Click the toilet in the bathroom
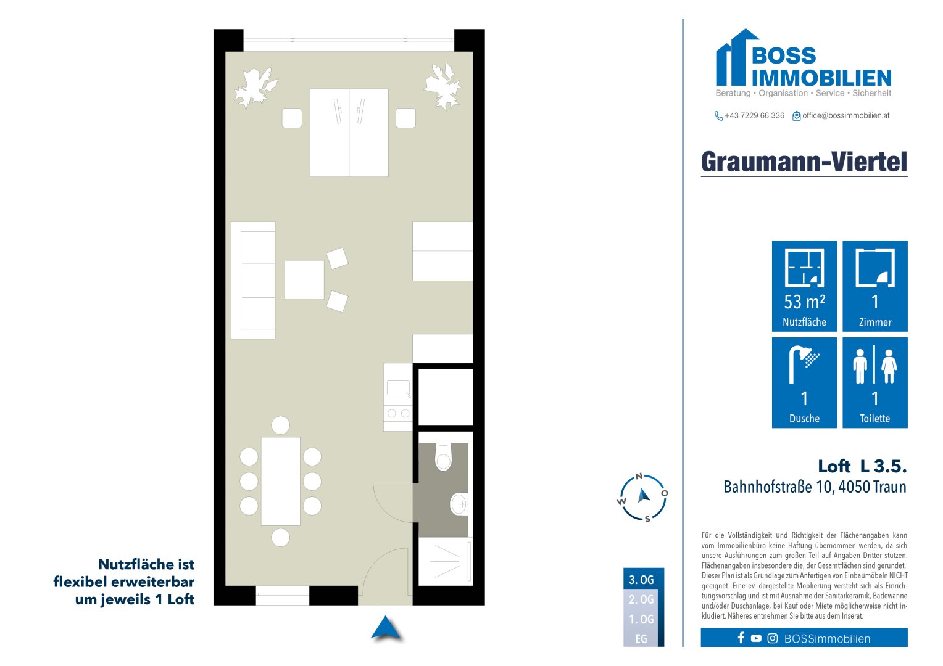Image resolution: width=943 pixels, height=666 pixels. coord(443,457)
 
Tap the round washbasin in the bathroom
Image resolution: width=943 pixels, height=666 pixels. coord(459,504)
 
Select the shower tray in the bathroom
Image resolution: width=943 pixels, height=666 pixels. coord(444,562)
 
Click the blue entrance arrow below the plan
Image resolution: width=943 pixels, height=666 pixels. coord(387,629)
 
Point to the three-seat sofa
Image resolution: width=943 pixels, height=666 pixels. coord(253,281)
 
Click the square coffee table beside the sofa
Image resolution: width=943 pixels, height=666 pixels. coord(304,280)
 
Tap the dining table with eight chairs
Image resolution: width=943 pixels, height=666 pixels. coord(280,481)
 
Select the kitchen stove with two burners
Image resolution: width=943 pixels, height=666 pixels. coord(398,413)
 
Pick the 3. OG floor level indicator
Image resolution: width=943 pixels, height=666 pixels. coord(642,580)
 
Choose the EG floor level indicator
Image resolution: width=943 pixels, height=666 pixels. coord(642,639)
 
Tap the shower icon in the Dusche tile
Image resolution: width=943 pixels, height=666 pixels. coord(804,364)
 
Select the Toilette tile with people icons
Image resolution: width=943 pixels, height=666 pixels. coord(875,382)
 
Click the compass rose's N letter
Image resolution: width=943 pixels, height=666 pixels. coord(639,476)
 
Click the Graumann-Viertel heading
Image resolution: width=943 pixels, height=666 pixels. coord(804,162)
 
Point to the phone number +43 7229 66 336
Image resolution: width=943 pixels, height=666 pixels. coord(754,115)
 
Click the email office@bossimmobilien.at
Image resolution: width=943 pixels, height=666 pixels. coord(845,115)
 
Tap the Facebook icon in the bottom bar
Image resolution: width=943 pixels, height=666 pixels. coord(741,638)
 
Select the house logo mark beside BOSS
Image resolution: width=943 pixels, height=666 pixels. coord(732,59)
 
